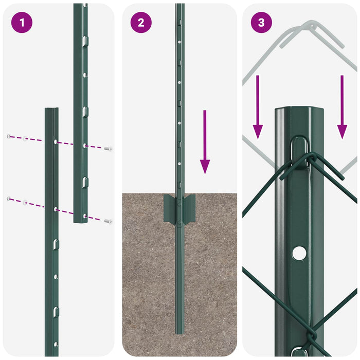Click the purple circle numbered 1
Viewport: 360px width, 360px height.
[22, 23]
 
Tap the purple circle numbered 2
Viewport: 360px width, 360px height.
[141, 23]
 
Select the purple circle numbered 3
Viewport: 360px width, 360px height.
[261, 23]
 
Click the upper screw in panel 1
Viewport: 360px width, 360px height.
[108, 149]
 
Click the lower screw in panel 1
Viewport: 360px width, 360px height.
[108, 221]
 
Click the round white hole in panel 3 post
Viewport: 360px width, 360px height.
[299, 253]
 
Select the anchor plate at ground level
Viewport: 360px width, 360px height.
[179, 208]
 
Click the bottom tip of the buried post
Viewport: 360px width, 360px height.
[179, 332]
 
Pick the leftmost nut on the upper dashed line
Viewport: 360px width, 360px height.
[9, 136]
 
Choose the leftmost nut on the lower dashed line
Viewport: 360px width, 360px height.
[9, 199]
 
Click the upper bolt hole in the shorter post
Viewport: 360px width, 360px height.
[55, 141]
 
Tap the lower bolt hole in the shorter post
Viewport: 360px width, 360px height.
[55, 209]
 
